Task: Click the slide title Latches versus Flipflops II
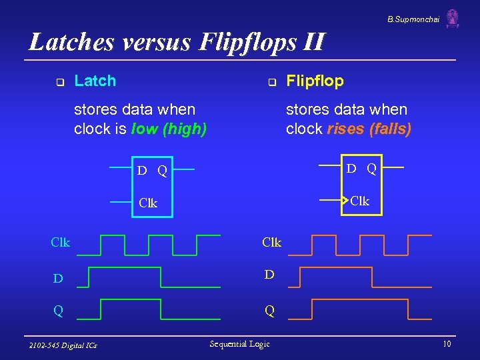click(x=177, y=43)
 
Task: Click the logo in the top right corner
click(x=453, y=19)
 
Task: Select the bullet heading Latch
click(x=95, y=81)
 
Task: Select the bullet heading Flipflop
click(x=315, y=81)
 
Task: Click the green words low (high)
click(x=169, y=129)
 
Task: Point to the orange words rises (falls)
click(x=369, y=129)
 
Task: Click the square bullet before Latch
click(x=59, y=83)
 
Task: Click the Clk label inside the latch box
click(x=148, y=203)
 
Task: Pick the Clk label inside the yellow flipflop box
click(x=359, y=201)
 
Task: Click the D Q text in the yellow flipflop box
click(x=360, y=169)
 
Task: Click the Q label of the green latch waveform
click(x=59, y=311)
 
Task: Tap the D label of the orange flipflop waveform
click(x=269, y=274)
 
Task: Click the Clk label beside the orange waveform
click(x=271, y=242)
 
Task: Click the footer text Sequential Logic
click(x=239, y=344)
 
